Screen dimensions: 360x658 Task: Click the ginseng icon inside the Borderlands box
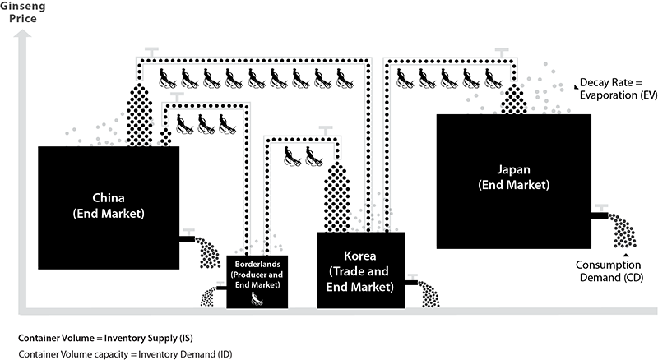256,298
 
